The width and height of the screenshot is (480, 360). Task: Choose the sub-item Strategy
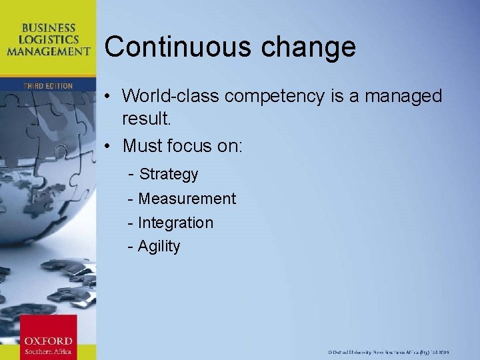point(169,175)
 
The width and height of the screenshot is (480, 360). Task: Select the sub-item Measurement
point(187,199)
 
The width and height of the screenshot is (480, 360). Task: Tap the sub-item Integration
point(175,223)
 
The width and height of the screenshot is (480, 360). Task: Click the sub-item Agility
point(159,247)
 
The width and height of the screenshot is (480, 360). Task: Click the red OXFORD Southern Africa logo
point(48,337)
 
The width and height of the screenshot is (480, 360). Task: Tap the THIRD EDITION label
point(47,86)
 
